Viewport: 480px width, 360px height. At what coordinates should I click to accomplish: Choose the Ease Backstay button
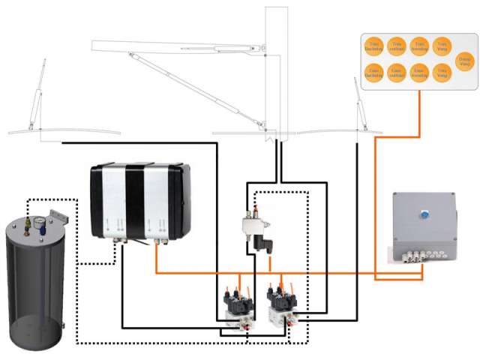click(374, 73)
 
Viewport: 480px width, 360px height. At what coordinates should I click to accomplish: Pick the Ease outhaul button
click(397, 73)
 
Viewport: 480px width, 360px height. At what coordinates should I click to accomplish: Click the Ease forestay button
click(419, 73)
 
